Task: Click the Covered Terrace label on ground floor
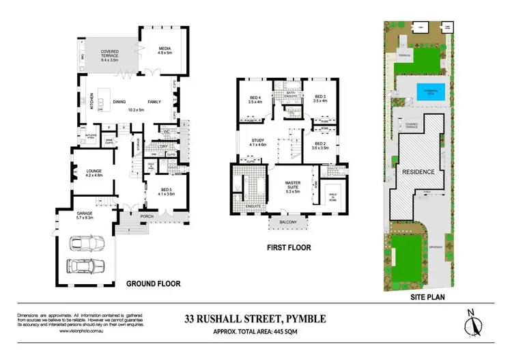110,55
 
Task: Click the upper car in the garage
87,244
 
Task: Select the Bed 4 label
255,102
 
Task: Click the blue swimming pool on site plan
427,90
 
